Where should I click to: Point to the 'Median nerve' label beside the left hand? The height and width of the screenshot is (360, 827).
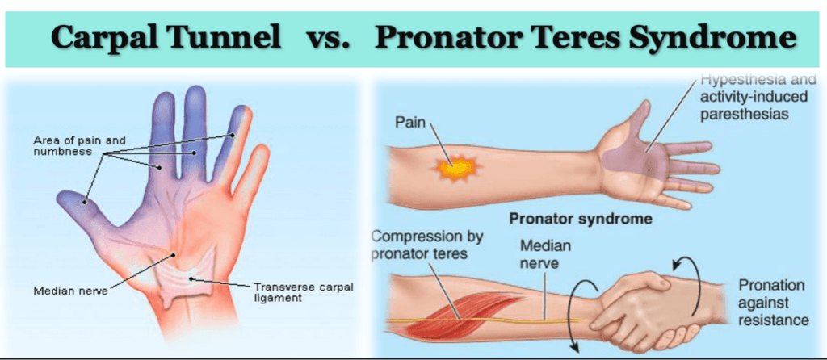point(66,291)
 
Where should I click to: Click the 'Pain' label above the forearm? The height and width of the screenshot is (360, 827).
point(410,123)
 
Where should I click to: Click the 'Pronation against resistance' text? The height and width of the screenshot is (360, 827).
point(774,303)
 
